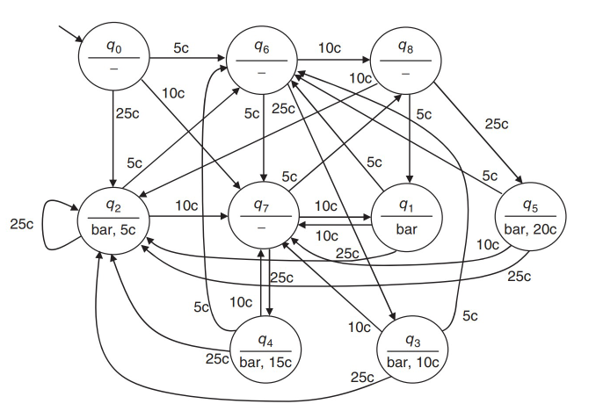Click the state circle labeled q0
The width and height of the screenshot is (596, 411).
click(x=113, y=60)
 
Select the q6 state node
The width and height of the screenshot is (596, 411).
click(x=261, y=60)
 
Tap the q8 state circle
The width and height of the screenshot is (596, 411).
click(x=404, y=60)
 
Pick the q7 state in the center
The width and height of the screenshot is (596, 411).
click(x=261, y=215)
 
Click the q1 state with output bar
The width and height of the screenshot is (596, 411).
click(x=404, y=215)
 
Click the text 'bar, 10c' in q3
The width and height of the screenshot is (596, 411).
click(x=412, y=360)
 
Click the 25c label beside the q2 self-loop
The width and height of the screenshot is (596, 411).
click(x=21, y=224)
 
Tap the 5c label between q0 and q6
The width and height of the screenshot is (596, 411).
click(x=180, y=48)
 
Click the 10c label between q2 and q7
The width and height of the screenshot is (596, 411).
click(x=186, y=205)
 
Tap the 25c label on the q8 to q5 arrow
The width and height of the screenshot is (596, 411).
click(x=497, y=124)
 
